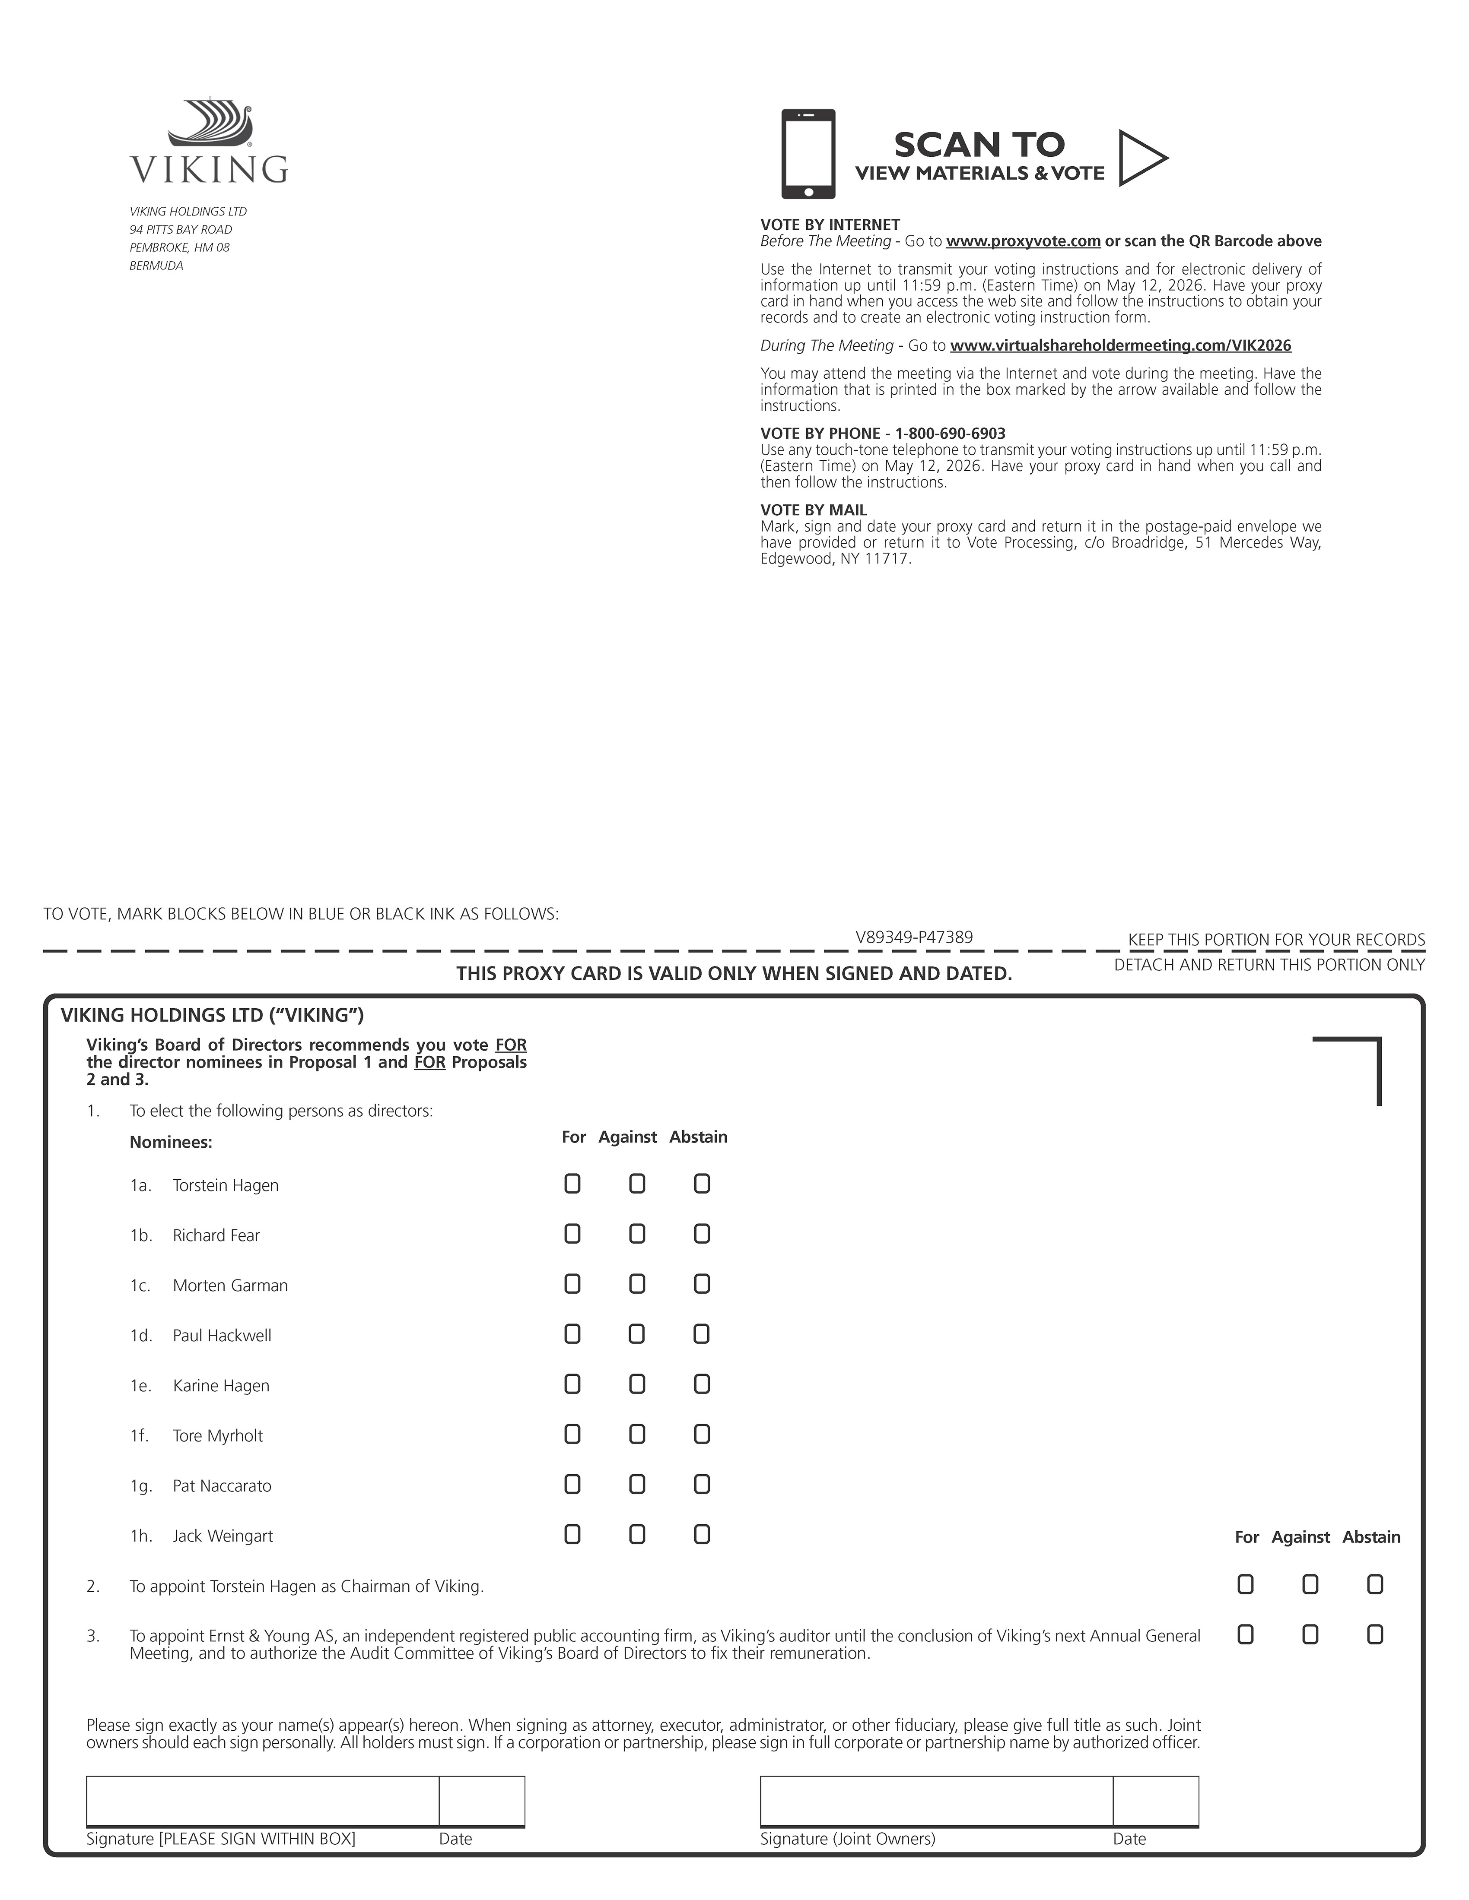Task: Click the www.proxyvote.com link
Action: (x=1023, y=241)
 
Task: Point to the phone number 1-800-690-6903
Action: (x=951, y=433)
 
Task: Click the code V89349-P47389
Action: (x=914, y=937)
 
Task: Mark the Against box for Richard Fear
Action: (x=637, y=1234)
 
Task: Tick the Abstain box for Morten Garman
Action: (x=701, y=1284)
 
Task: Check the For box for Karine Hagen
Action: (x=572, y=1384)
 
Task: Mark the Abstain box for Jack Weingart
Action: (x=701, y=1535)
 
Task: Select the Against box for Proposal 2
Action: (x=1310, y=1585)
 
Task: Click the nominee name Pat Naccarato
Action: (x=222, y=1486)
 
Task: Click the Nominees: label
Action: (x=171, y=1142)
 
